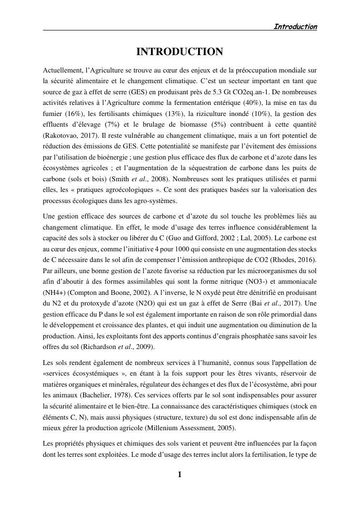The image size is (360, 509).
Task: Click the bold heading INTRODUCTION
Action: click(x=179, y=52)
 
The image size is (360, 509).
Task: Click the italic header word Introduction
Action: click(x=295, y=27)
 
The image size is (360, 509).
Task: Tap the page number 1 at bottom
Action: click(x=180, y=474)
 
